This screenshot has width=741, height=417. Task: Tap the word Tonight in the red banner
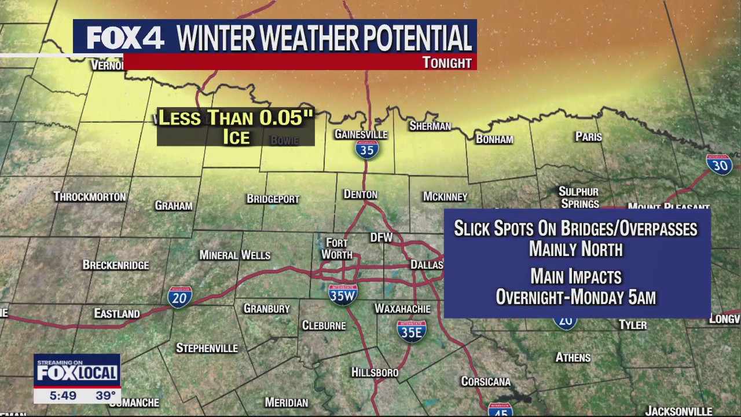[447, 63]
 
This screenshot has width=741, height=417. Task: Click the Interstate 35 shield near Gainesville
[367, 149]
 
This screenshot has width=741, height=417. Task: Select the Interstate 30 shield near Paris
[719, 164]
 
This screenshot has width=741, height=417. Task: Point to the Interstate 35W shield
[343, 294]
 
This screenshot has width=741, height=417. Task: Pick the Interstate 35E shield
[412, 331]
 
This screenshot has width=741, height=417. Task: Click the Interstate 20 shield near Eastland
[179, 297]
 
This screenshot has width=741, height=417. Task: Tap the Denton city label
[360, 195]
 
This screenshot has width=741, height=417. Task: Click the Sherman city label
[430, 126]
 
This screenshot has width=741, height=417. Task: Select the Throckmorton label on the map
[90, 197]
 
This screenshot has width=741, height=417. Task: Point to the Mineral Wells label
[234, 255]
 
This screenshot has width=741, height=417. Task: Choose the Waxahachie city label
[402, 309]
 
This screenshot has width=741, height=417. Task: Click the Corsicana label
[486, 381]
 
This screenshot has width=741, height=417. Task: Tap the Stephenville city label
[207, 348]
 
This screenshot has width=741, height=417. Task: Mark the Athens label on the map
[573, 357]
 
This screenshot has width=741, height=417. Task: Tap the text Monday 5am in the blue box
[617, 298]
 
